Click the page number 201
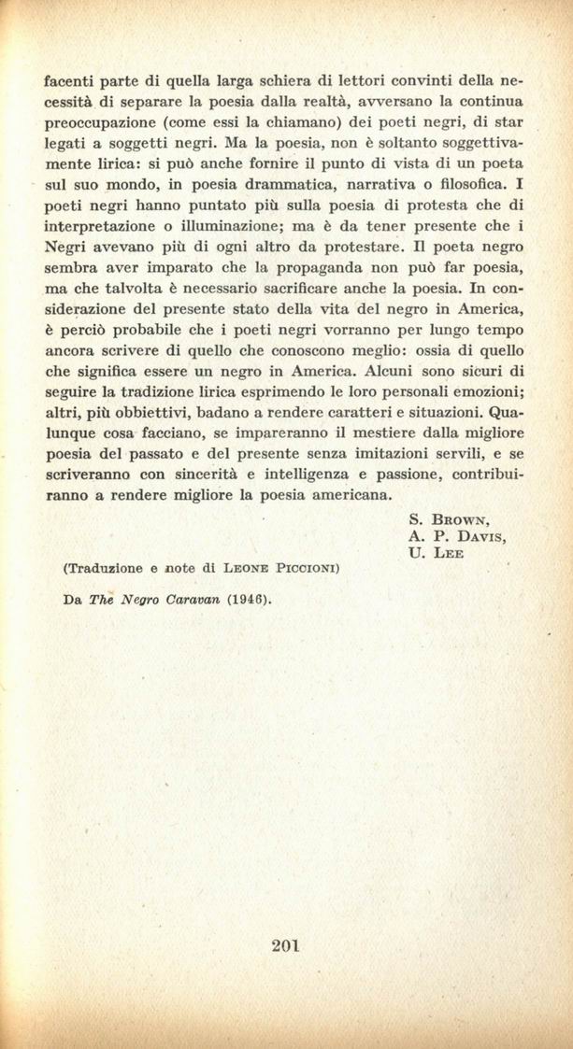point(285,945)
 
